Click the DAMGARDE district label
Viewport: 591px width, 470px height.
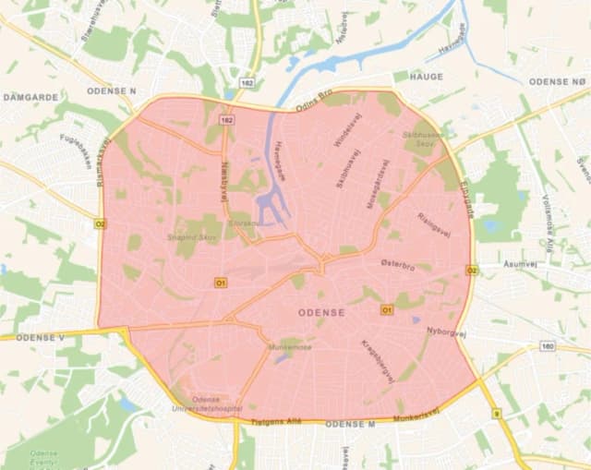(x=30, y=96)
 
